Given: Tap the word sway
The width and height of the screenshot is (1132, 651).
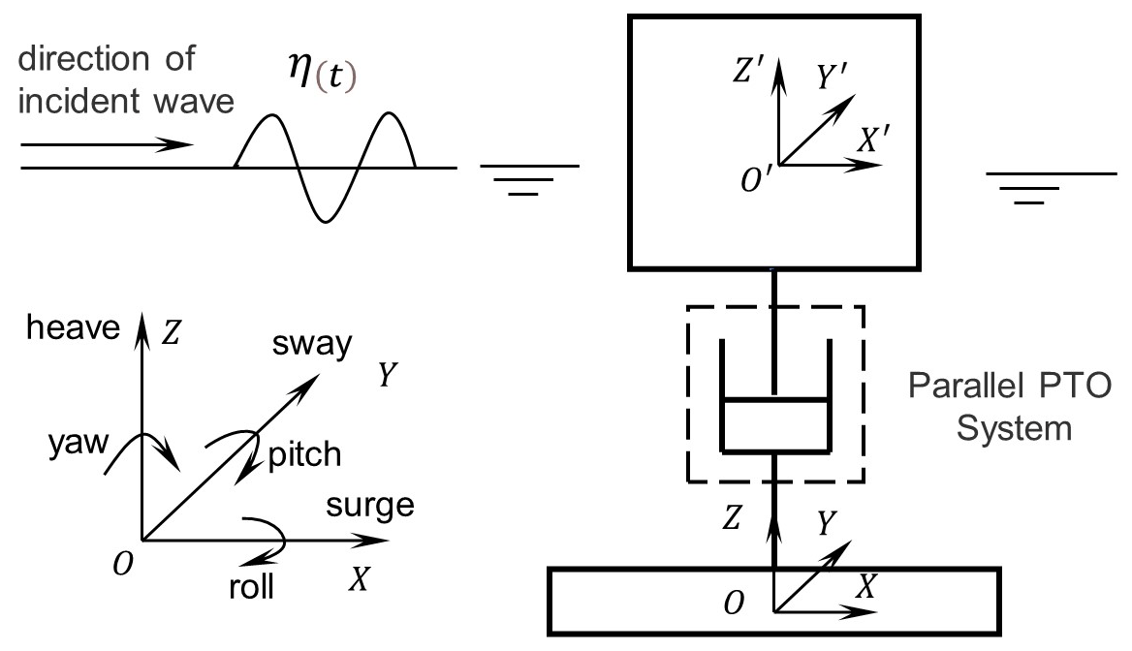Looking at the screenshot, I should [313, 346].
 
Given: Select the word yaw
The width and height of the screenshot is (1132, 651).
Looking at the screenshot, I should [70, 445].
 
